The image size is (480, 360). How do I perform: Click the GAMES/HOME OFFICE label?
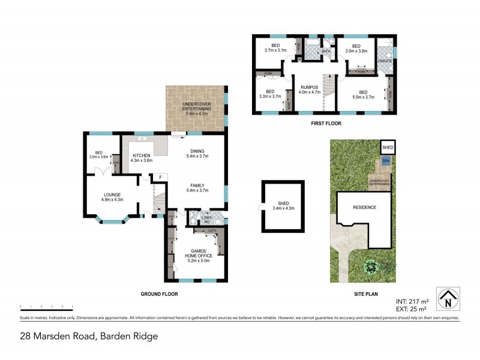coord(198,254)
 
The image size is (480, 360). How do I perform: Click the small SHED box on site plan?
coord(388,148)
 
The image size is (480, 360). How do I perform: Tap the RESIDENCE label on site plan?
coord(364,207)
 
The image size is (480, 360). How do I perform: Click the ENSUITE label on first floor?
coord(384,61)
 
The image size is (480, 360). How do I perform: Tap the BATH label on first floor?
coord(326,52)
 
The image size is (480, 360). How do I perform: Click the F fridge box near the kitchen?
coord(160,177)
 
